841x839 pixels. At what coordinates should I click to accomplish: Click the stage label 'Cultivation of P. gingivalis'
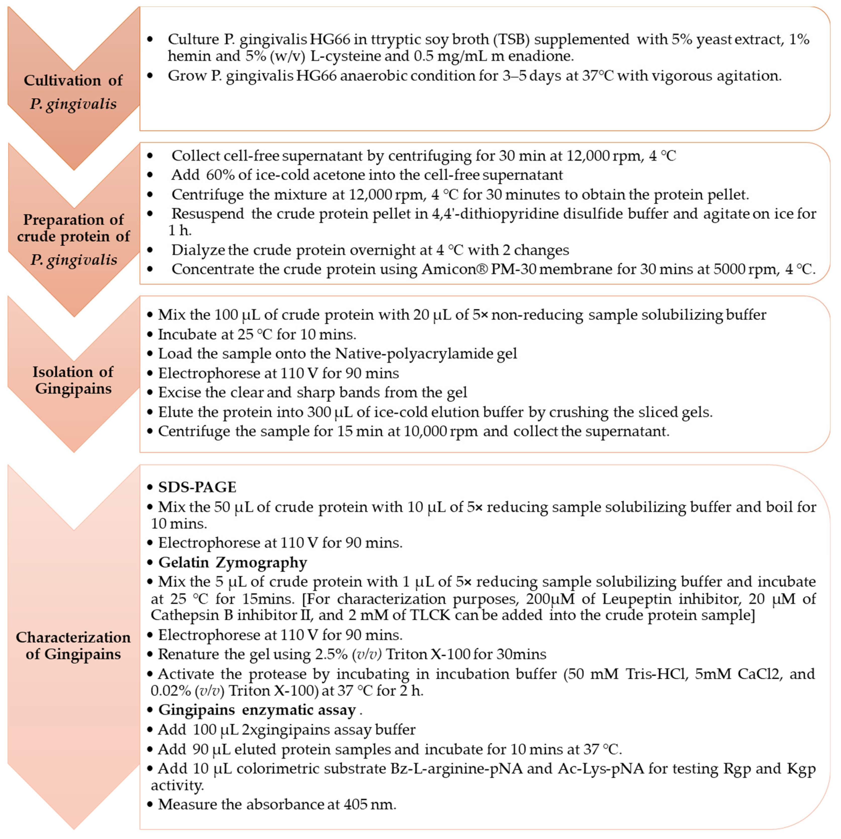(73, 92)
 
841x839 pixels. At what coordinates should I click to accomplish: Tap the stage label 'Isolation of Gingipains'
(73, 380)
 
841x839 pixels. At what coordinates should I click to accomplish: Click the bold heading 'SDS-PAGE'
(197, 487)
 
